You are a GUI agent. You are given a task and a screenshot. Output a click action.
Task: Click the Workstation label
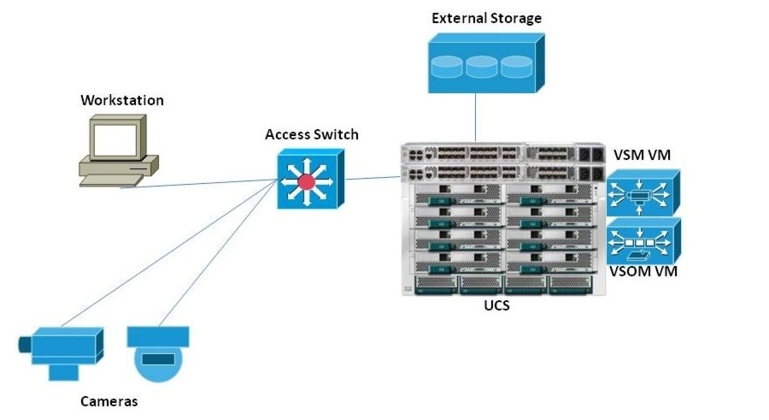121,100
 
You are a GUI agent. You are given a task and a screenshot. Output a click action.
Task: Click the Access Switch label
312,134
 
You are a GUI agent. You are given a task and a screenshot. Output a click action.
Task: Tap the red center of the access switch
305,180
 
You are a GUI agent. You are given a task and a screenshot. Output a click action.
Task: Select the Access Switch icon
309,178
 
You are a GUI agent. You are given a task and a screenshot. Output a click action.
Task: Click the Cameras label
109,400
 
